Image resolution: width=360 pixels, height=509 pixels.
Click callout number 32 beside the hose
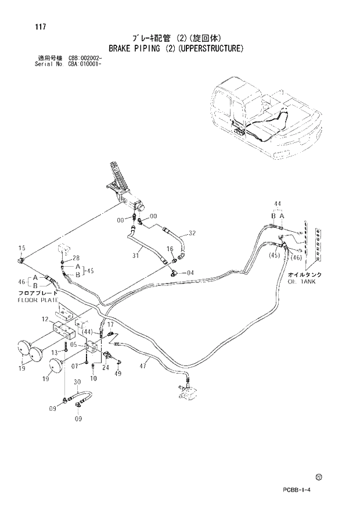click(x=192, y=233)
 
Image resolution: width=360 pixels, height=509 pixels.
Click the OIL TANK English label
click(x=301, y=281)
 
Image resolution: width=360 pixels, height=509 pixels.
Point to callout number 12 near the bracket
click(x=45, y=319)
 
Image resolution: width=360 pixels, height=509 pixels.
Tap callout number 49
click(x=118, y=373)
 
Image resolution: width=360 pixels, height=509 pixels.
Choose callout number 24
click(x=106, y=367)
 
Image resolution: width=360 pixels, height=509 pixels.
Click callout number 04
click(x=190, y=273)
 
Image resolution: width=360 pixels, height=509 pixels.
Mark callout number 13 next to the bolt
click(x=55, y=352)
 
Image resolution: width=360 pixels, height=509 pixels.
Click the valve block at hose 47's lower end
click(x=187, y=396)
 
